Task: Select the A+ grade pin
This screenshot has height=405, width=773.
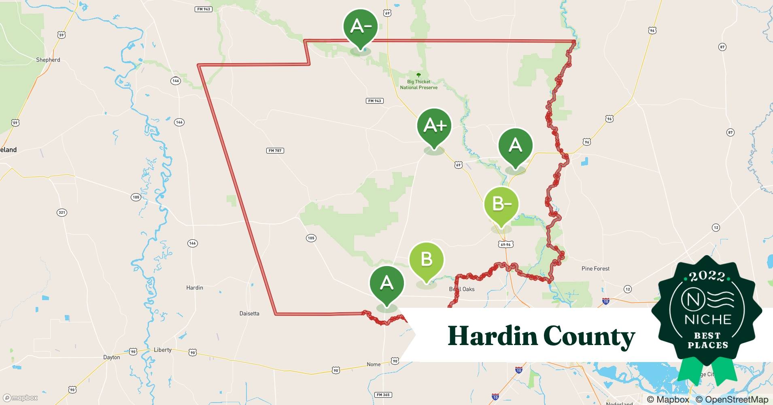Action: pos(434,126)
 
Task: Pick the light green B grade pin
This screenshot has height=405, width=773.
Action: pos(427,260)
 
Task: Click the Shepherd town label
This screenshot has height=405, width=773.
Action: pos(48,60)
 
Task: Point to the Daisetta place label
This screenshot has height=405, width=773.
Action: pos(249,313)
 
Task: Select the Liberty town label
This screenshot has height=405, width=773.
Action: pos(163,350)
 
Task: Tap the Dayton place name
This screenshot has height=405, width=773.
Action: pos(111,357)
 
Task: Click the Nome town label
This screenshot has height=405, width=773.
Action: pos(374,364)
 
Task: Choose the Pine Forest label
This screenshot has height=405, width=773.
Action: pos(595,269)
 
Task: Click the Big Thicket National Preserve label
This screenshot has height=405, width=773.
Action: pos(418,85)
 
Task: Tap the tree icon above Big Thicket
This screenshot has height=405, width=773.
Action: pos(418,75)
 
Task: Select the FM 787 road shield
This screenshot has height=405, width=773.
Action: pos(275,151)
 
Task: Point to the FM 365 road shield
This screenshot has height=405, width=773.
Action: pos(383,395)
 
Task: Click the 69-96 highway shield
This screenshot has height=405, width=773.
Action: pos(506,245)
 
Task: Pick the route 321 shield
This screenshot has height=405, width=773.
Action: pos(62,213)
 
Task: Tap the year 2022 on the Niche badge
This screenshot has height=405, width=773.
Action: pos(707,277)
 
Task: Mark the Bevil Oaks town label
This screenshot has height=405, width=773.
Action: pos(462,289)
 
